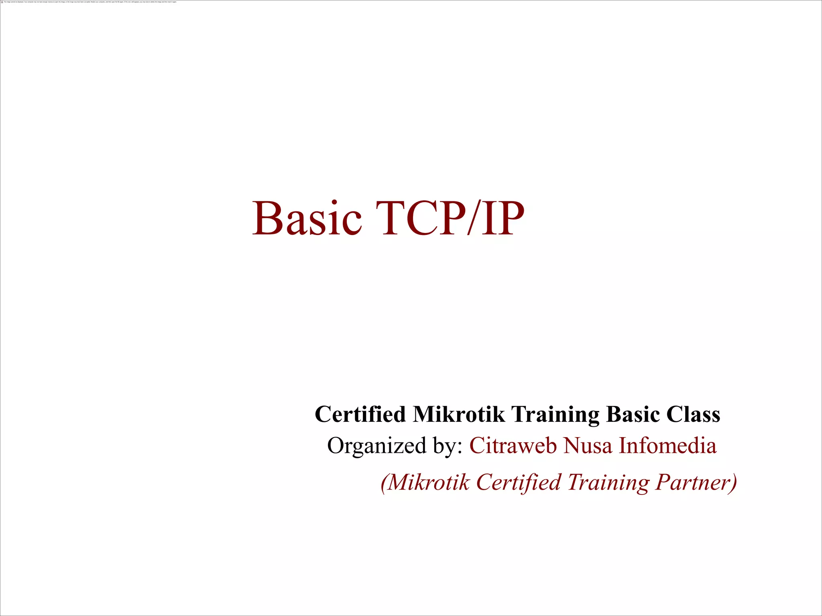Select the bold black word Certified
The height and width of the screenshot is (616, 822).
pos(360,414)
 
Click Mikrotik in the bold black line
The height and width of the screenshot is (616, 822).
pos(458,414)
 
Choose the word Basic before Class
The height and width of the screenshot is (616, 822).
pos(633,414)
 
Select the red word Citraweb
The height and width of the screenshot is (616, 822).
pos(513,445)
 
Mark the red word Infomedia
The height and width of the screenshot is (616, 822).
pos(667,445)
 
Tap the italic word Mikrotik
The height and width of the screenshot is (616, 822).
pos(429,482)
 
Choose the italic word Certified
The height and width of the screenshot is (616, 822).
pos(518,482)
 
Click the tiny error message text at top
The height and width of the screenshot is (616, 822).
pos(90,2)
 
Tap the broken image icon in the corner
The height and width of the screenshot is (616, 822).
pos(2,2)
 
